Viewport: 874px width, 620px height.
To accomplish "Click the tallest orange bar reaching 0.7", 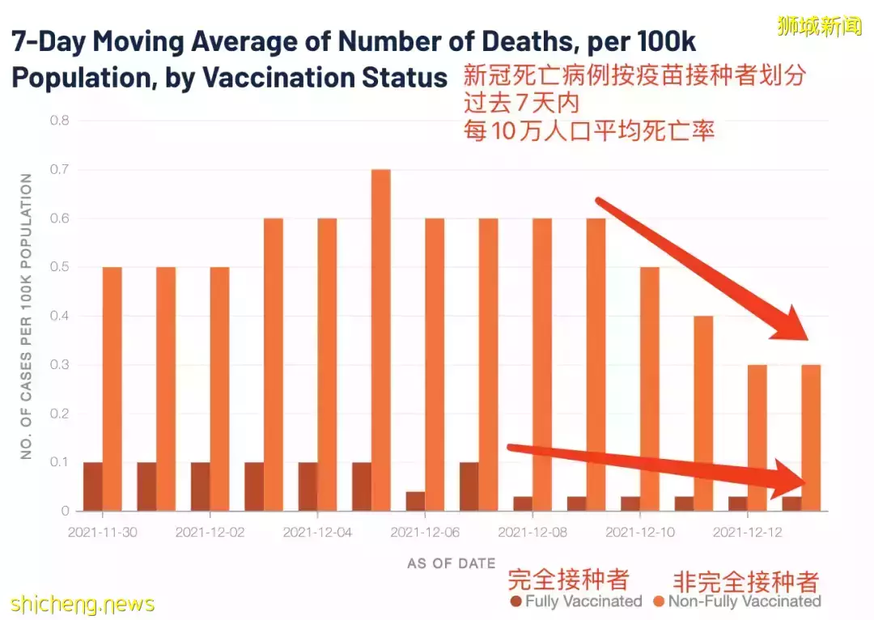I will point(380,340).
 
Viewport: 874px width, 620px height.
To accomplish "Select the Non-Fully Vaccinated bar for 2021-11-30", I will point(112,389).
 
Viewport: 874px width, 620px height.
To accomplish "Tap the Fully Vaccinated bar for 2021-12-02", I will point(200,486).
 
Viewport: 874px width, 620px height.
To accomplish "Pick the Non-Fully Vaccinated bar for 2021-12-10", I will point(650,389).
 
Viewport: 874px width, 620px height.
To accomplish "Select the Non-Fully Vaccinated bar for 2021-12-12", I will point(757,437).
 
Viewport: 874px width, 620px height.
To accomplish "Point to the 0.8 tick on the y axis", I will point(62,121).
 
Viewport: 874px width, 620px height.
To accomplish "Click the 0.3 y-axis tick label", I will point(62,365).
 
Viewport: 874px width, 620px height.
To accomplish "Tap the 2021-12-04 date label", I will point(317,533).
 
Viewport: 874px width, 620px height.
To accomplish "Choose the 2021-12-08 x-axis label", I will point(532,533).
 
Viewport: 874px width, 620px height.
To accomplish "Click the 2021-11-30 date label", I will point(102,533).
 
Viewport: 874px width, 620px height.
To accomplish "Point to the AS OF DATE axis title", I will point(451,563).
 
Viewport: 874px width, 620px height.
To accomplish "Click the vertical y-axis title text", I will point(27,316).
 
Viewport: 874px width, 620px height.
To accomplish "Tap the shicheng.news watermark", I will point(83,604).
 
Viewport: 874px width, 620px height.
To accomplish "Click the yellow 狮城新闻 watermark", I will point(819,26).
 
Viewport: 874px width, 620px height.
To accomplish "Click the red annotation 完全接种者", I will point(568,579).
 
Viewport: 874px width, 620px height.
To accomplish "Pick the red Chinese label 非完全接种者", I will point(746,580).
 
